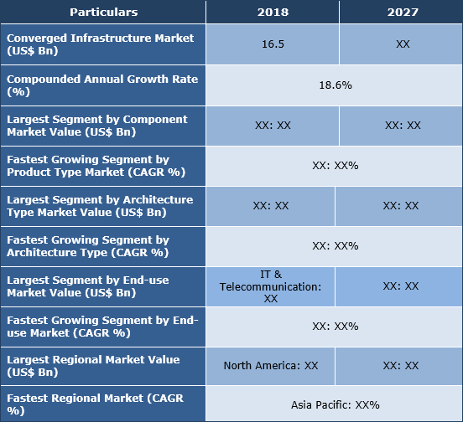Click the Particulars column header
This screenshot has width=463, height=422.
(103, 13)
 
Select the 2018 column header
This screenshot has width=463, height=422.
(272, 13)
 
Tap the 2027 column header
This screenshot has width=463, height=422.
(402, 13)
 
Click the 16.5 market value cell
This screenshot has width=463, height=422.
(272, 44)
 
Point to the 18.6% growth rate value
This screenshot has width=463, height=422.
(334, 85)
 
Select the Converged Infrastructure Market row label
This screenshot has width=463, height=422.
(101, 44)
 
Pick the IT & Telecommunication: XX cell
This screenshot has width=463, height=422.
(271, 286)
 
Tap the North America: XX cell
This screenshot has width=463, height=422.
(271, 366)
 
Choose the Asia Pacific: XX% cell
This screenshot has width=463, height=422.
(335, 404)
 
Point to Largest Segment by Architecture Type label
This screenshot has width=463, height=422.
(100, 206)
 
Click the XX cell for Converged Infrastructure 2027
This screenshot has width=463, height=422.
(402, 44)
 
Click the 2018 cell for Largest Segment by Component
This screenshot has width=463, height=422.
(272, 126)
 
